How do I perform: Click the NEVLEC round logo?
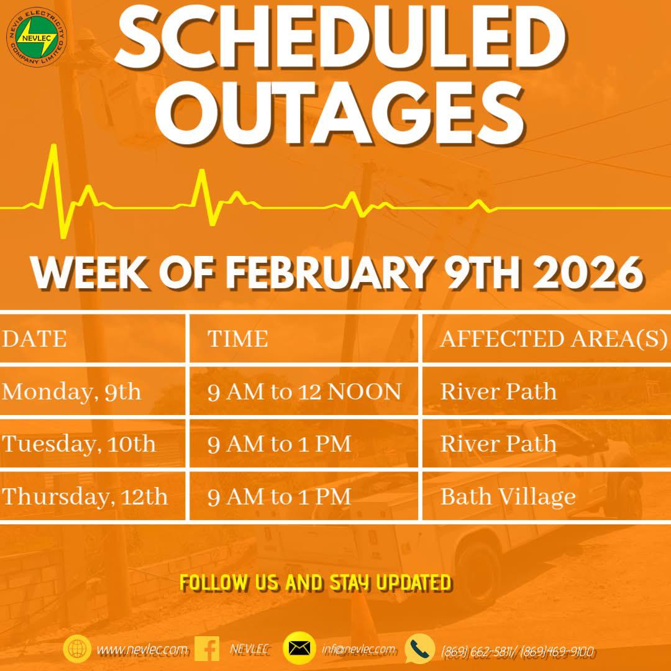[37, 37]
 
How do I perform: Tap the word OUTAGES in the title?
[340, 112]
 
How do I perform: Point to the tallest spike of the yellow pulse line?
[54, 145]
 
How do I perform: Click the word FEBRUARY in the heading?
[329, 273]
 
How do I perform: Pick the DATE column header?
[34, 339]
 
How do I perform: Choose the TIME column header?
[237, 339]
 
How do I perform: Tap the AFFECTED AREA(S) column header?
[554, 339]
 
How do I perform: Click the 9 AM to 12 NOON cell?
[304, 391]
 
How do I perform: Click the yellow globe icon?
[77, 649]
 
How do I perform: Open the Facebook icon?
[207, 649]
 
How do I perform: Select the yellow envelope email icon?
[299, 648]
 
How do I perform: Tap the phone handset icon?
[420, 649]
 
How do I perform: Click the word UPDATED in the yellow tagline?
[413, 583]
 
